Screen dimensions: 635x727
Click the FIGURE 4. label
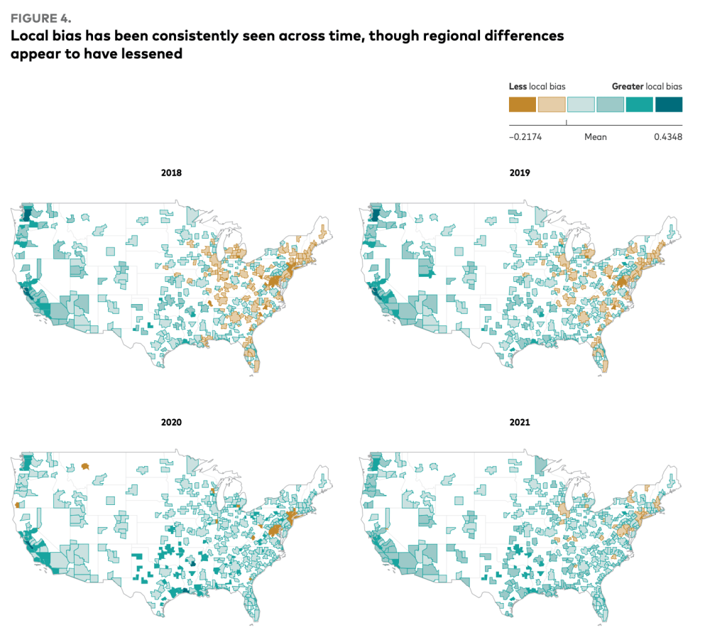(40, 16)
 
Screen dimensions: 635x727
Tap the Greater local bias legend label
(647, 86)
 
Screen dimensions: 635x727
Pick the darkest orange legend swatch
(523, 104)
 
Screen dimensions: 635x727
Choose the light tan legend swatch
(552, 104)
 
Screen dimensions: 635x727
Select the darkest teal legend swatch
(668, 104)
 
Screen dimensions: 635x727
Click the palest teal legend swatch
(581, 104)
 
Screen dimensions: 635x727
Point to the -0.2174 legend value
(525, 136)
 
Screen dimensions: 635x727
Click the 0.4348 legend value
(667, 136)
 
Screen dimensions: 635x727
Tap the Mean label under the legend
(595, 136)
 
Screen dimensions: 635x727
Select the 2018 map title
(171, 173)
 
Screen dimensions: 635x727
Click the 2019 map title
(520, 173)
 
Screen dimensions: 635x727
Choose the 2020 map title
(171, 422)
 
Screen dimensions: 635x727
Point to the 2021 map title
(520, 422)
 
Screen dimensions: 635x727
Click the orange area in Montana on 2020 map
(85, 466)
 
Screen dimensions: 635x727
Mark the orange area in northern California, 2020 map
(16, 505)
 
